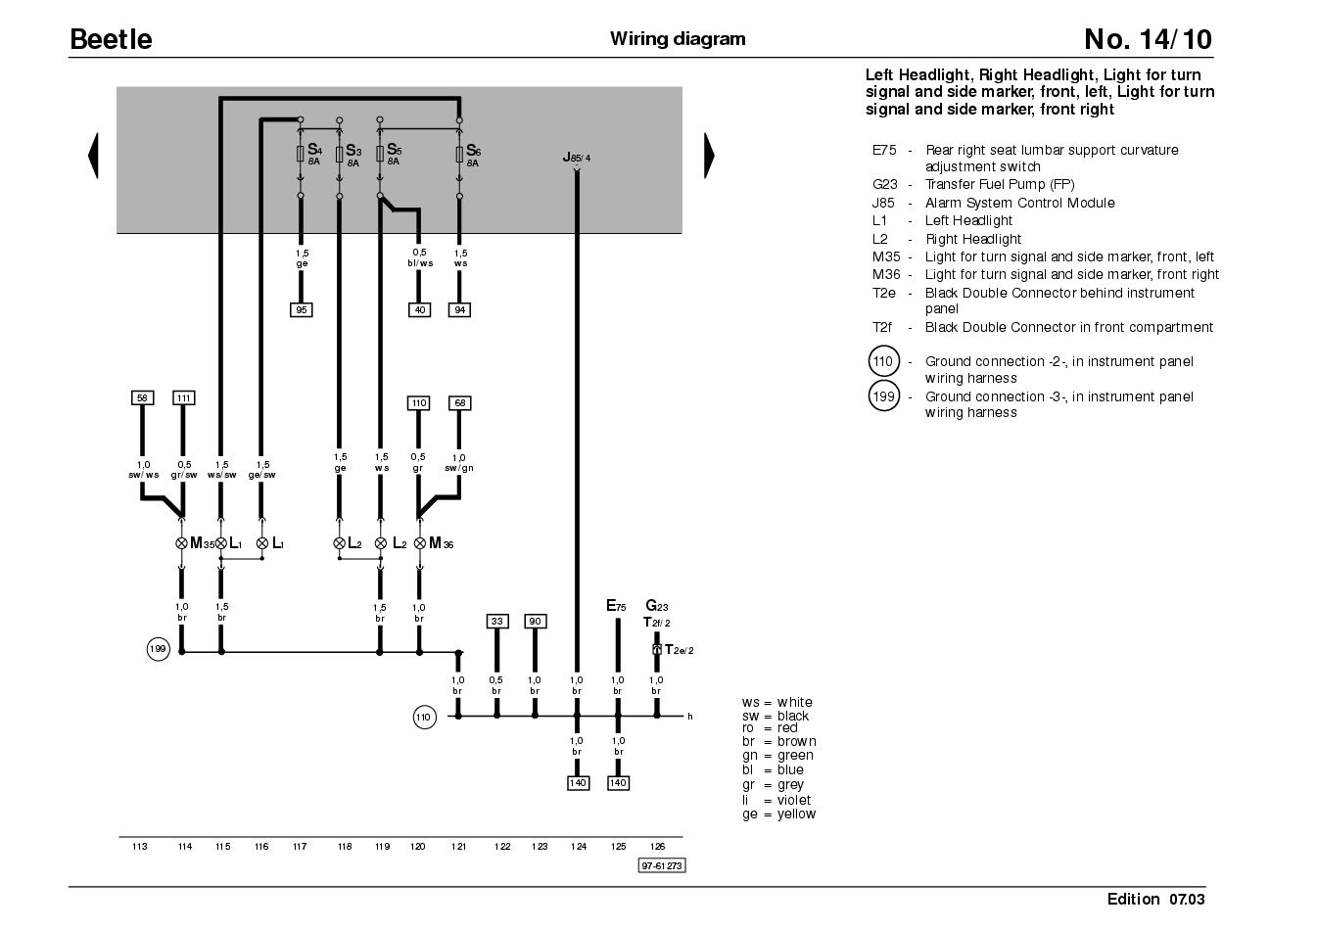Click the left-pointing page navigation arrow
pyautogui.click(x=94, y=156)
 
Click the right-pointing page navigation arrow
pyautogui.click(x=709, y=156)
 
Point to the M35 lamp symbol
pyautogui.click(x=182, y=543)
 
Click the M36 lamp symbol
pyautogui.click(x=420, y=543)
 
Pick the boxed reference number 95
pyautogui.click(x=301, y=309)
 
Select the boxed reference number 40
pyautogui.click(x=419, y=309)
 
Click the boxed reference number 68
pyautogui.click(x=460, y=403)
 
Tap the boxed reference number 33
pyautogui.click(x=497, y=622)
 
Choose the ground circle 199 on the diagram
pyautogui.click(x=159, y=649)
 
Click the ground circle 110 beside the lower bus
pyautogui.click(x=425, y=718)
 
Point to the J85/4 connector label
pyautogui.click(x=577, y=158)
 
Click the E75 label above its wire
pyautogui.click(x=616, y=606)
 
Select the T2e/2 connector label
pyautogui.click(x=680, y=650)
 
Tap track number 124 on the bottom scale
pyautogui.click(x=579, y=847)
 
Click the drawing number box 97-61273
pyautogui.click(x=662, y=865)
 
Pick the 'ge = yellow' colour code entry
pyautogui.click(x=779, y=814)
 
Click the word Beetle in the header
pyautogui.click(x=111, y=39)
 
